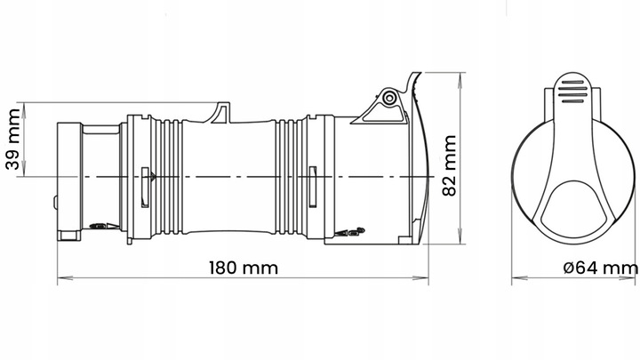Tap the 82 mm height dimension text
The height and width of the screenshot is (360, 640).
(449, 164)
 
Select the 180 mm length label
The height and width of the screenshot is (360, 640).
(243, 268)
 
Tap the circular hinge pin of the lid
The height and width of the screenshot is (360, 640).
(388, 99)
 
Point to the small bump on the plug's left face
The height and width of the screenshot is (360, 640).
(58, 203)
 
